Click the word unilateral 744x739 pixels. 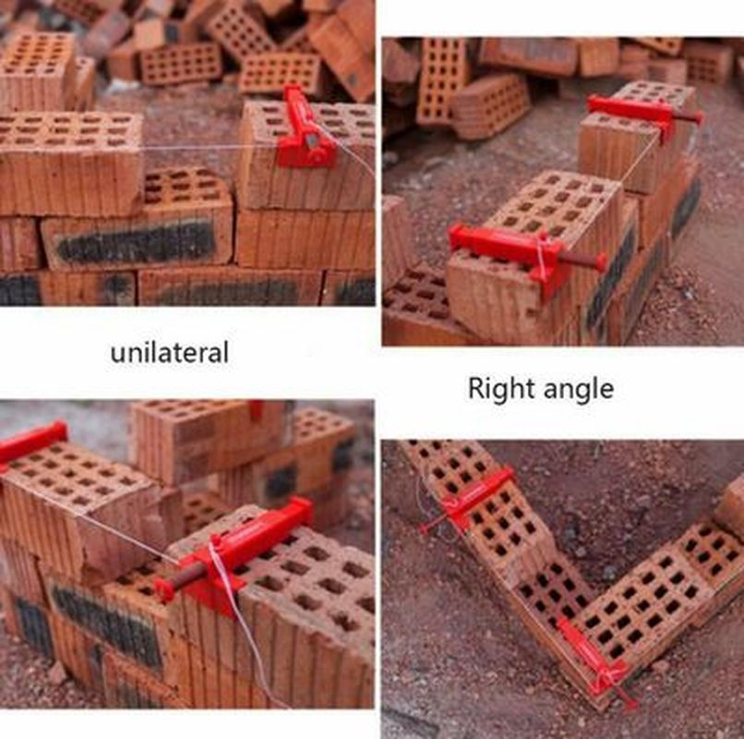click(x=170, y=352)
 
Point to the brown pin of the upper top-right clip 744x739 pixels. click(x=689, y=117)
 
